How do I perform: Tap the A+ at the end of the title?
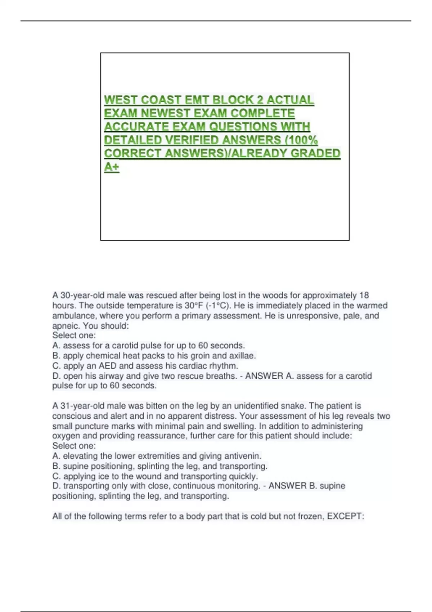[112, 167]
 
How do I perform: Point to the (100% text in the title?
[301, 140]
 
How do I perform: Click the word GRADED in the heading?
[315, 153]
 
